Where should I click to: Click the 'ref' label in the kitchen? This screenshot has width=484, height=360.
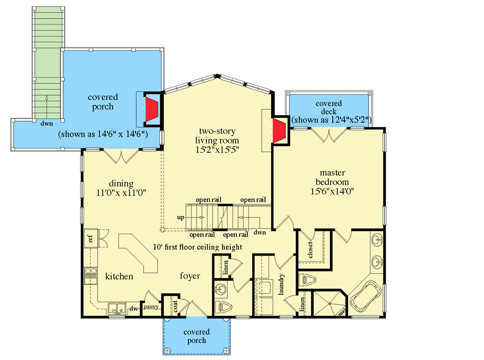90,238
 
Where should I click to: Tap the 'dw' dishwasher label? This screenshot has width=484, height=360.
133,308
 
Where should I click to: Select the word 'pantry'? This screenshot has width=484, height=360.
151,307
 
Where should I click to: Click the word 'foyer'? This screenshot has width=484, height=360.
190,276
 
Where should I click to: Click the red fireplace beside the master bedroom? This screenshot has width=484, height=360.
279,130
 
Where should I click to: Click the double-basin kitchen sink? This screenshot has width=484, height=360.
118,307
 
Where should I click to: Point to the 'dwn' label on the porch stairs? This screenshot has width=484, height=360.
47,123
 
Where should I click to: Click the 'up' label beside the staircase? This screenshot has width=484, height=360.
180,217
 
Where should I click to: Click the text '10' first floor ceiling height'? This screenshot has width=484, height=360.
197,247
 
